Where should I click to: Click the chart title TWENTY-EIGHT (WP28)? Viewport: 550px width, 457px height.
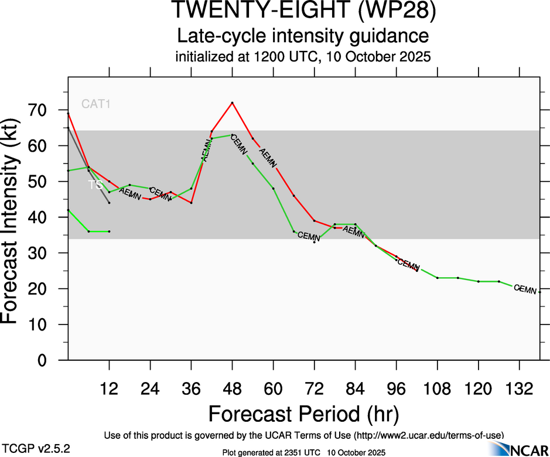(303, 11)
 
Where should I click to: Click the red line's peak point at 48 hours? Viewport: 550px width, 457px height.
(233, 103)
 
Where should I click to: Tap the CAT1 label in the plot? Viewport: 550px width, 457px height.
(96, 104)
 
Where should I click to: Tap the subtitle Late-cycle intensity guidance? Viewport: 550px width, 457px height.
(303, 36)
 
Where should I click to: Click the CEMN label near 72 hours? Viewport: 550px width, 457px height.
(309, 236)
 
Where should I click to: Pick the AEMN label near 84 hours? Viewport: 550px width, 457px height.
(354, 231)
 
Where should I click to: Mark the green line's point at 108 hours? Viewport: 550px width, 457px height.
(438, 278)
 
